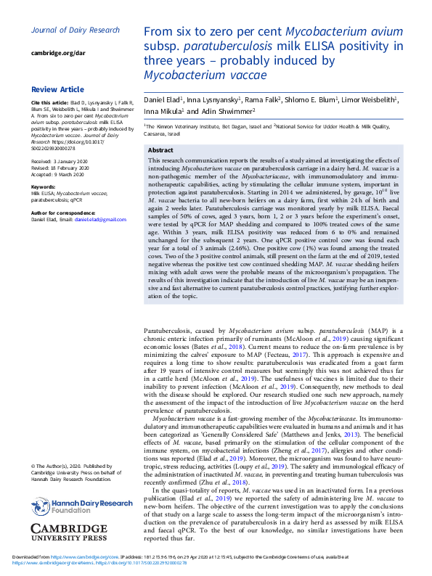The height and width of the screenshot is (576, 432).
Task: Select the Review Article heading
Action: click(x=57, y=89)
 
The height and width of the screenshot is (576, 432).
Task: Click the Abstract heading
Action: click(x=160, y=150)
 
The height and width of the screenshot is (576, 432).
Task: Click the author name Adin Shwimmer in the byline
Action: click(x=226, y=111)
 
